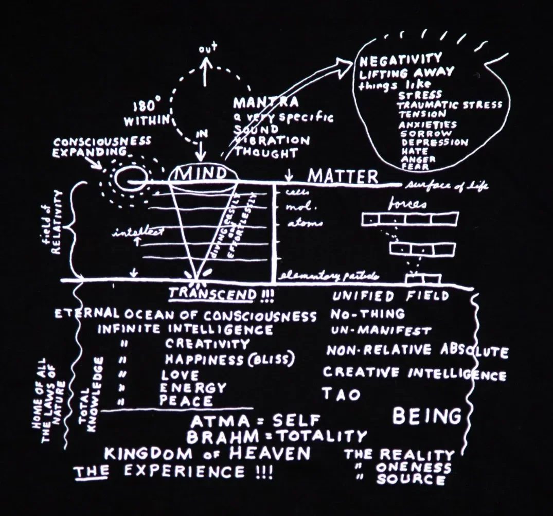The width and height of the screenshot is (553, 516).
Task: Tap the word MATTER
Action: (342, 177)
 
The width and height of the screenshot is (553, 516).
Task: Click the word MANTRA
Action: (265, 102)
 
